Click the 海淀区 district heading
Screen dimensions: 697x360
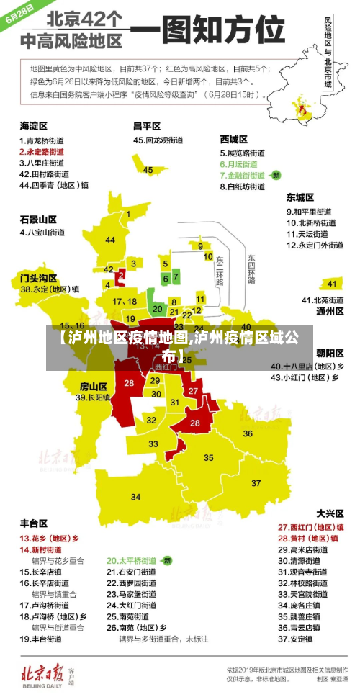(x=34, y=126)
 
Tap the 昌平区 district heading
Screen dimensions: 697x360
(x=147, y=126)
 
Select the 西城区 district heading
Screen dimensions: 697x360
(x=234, y=139)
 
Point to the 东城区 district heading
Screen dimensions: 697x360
(x=301, y=197)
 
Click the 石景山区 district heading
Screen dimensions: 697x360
(x=38, y=219)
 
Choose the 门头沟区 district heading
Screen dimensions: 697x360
(x=38, y=276)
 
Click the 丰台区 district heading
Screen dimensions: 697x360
(x=34, y=523)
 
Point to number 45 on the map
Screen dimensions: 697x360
(x=148, y=170)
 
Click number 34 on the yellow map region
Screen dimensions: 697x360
(x=135, y=496)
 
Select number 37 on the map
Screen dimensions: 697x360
(x=256, y=482)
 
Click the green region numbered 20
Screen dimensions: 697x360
(x=158, y=307)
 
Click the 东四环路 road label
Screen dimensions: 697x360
(x=251, y=269)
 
